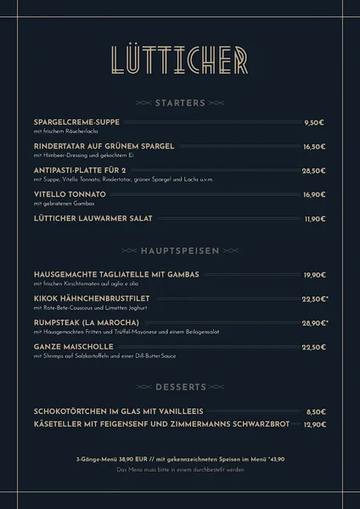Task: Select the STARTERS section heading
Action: point(180,103)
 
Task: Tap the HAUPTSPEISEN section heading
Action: point(180,251)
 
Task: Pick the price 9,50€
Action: point(314,123)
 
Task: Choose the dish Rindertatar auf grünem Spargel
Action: point(104,146)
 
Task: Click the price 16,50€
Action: point(313,147)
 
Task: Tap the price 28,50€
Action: point(313,171)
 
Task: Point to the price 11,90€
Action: point(314,219)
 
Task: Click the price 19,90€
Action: point(313,275)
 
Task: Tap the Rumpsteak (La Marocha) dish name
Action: point(86,322)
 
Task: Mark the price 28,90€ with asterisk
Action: point(314,323)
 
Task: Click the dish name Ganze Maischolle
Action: point(72,346)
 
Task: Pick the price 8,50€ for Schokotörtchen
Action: point(315,411)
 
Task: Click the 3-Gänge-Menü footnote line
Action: point(180,456)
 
